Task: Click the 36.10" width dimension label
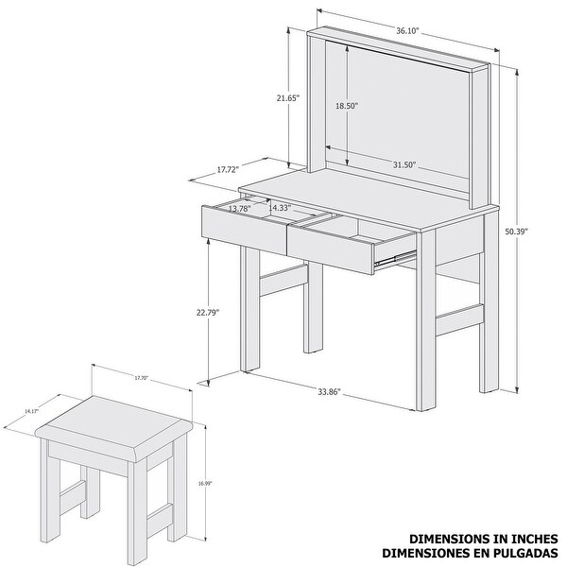click(x=407, y=30)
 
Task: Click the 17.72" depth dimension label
click(x=227, y=170)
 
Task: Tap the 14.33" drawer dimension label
click(x=280, y=207)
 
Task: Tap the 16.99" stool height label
click(x=206, y=483)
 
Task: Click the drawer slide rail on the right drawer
click(x=395, y=254)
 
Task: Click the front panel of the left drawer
click(x=243, y=230)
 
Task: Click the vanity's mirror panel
click(x=397, y=104)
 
